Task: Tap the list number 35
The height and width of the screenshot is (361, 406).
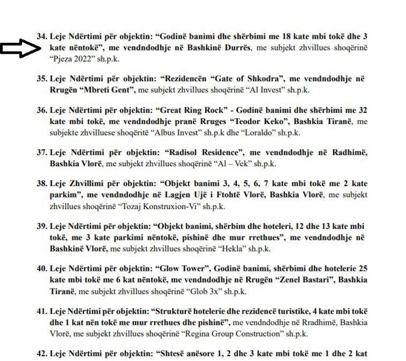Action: [42, 78]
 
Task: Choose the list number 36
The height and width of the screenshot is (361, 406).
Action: [42, 110]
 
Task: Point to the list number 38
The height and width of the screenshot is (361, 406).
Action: [42, 184]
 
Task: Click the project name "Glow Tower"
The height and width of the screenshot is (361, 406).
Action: [182, 269]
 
